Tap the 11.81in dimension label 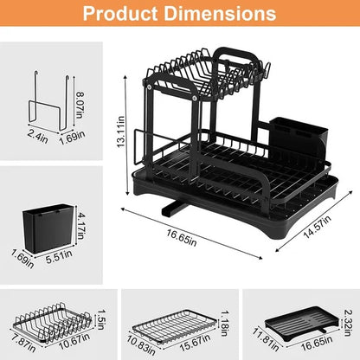261,338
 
